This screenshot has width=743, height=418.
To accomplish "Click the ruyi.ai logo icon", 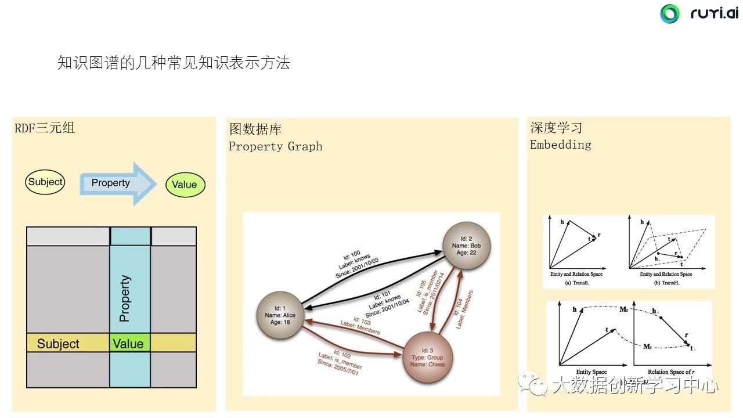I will [669, 14].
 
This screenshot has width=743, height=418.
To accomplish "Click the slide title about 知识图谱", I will [174, 63].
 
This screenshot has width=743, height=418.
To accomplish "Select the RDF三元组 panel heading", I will [45, 128].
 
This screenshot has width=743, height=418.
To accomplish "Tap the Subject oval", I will [45, 182].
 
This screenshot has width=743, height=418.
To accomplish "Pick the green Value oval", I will [185, 185].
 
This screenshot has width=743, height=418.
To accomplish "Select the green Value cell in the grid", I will [129, 343].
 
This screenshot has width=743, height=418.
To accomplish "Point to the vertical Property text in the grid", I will [124, 298].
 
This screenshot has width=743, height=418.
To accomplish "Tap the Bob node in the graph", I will [466, 246].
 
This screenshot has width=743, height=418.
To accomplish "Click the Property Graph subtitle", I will [275, 146].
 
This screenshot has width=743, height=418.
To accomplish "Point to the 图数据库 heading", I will [255, 129].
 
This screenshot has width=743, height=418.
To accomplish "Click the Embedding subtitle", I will [560, 145].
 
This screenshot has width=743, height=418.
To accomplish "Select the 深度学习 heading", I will [556, 128].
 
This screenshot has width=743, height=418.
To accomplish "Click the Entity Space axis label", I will [590, 372].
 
